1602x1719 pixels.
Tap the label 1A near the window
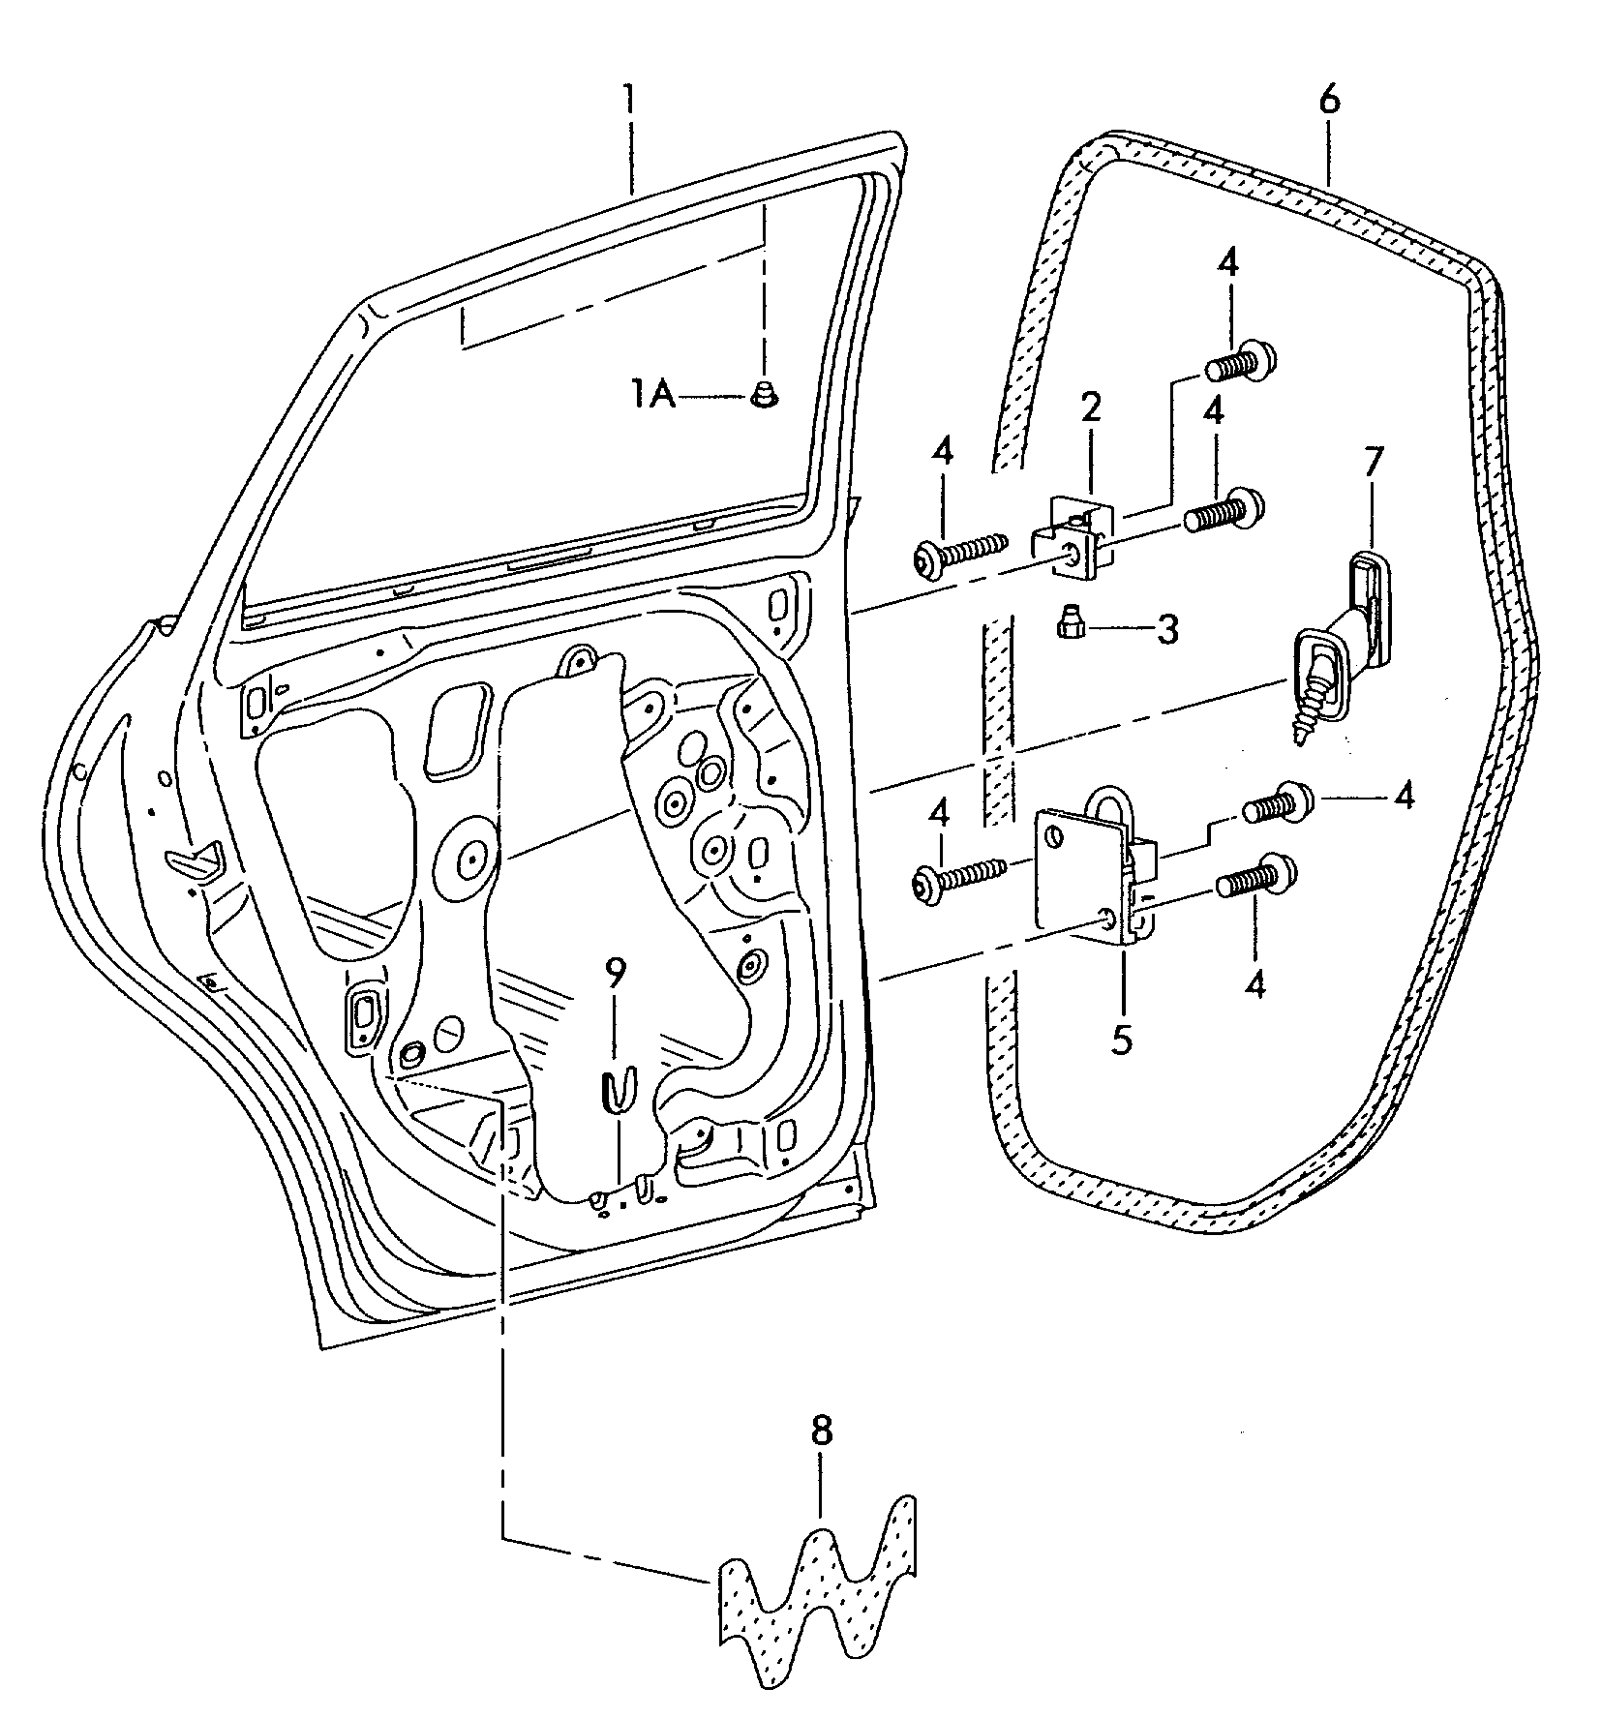(x=654, y=395)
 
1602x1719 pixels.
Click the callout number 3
(x=1167, y=631)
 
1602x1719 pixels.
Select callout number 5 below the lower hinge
(x=1122, y=1040)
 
